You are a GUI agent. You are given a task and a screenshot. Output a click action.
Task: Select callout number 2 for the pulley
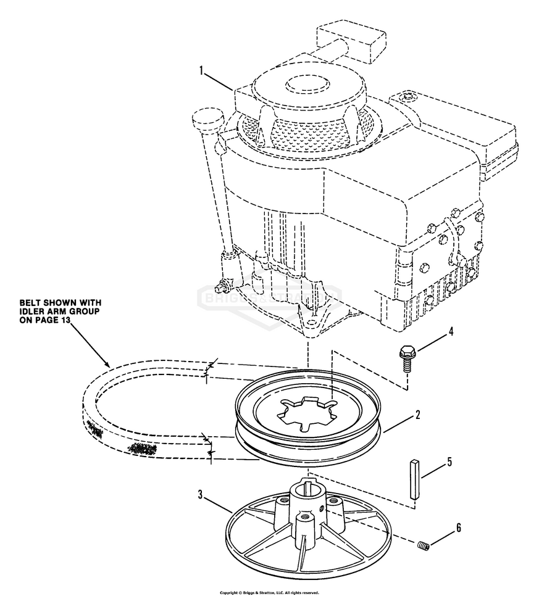[x=417, y=415]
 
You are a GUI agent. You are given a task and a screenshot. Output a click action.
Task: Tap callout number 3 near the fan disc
[x=201, y=494]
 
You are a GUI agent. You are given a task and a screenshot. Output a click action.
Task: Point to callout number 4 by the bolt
[x=451, y=331]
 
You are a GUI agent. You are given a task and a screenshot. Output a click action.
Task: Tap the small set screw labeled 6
[x=422, y=545]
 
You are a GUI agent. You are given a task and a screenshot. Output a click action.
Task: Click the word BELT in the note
[x=31, y=302]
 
